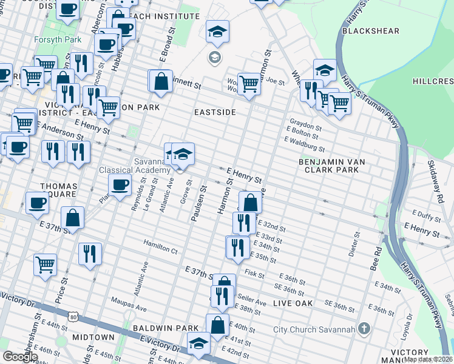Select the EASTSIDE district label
(x=214, y=112)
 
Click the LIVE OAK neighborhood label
(x=293, y=303)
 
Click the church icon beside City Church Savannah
(x=364, y=329)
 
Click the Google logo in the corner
(x=20, y=357)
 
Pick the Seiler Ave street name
(x=252, y=302)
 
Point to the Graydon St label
(x=305, y=121)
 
